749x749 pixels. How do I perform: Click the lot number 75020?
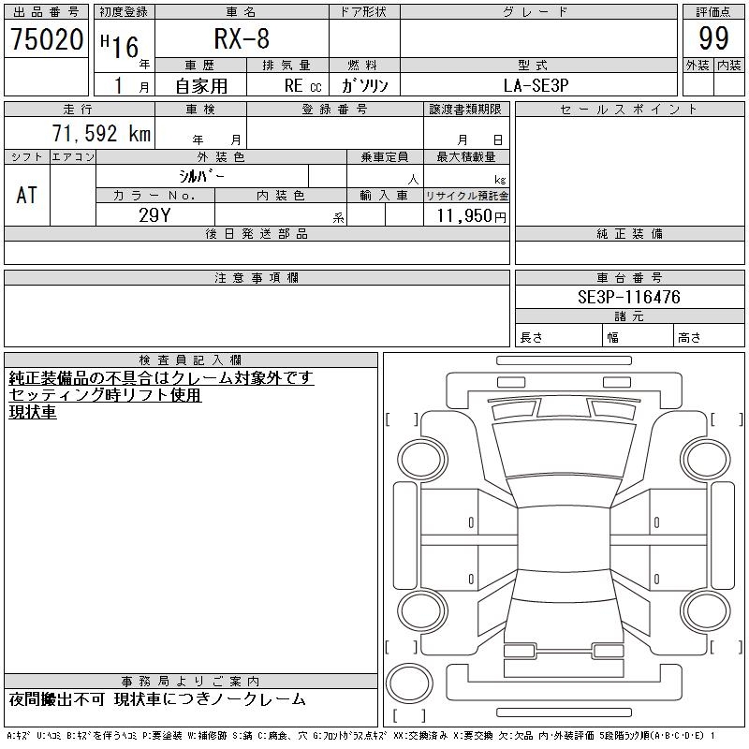(47, 39)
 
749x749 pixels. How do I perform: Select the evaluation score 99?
(713, 38)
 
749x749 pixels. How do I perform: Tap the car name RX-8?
(242, 38)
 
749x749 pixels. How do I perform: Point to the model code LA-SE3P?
(536, 85)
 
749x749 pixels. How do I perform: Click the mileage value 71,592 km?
(101, 133)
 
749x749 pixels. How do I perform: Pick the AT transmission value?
(27, 195)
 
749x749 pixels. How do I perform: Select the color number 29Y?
(154, 215)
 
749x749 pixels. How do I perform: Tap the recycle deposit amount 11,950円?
(471, 216)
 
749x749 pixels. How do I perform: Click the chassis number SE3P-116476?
(628, 297)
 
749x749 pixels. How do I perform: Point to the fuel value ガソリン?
(364, 85)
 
